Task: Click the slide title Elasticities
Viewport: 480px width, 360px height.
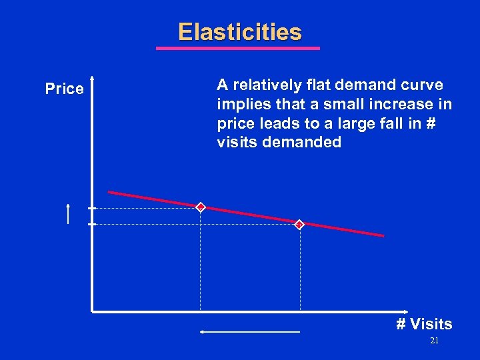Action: (239, 32)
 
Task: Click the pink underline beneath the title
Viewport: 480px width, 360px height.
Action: (238, 48)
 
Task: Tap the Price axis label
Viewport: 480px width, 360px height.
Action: (65, 89)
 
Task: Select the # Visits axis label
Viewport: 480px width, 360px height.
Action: (424, 324)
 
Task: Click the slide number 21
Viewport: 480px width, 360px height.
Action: (434, 341)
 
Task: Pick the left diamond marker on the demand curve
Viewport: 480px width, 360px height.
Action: (200, 207)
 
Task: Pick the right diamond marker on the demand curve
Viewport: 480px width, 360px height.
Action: (299, 225)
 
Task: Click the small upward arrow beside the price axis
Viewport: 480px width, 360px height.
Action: (69, 213)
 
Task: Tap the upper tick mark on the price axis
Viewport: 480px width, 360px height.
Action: (92, 208)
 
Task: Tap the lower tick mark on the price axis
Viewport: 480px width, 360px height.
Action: (92, 225)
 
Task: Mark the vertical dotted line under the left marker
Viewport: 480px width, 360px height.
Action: (200, 267)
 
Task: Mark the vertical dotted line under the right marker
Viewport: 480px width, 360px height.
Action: (300, 273)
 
